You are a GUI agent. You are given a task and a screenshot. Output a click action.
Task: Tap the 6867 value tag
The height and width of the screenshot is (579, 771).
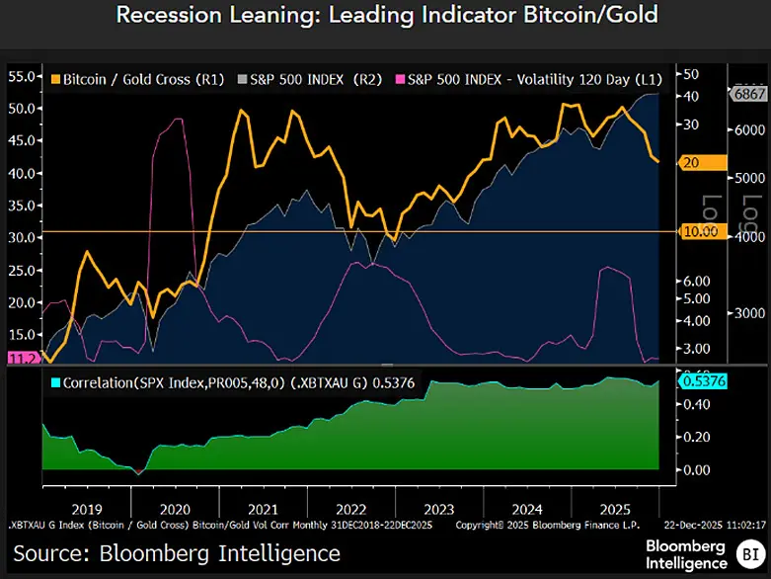[x=747, y=93]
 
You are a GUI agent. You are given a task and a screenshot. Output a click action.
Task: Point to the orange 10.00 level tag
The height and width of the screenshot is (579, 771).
[x=704, y=231]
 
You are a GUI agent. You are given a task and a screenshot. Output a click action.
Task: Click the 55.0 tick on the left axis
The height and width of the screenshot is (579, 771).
[x=22, y=76]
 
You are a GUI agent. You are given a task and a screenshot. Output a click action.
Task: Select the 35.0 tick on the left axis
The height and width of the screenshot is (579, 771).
[x=22, y=206]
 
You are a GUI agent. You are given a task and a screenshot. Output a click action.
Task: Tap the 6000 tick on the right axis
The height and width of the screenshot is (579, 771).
[x=748, y=130]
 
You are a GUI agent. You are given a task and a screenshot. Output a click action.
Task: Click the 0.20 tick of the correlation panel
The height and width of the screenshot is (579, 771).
[x=696, y=436]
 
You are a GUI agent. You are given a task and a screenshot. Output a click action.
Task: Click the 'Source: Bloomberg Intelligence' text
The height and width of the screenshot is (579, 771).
[x=177, y=553]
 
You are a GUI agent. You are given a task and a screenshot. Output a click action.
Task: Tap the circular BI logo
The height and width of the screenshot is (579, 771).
[x=752, y=554]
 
